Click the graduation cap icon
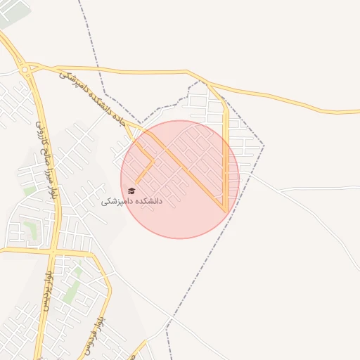point(131,191)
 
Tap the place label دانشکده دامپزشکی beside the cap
point(131,201)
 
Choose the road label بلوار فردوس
point(101,330)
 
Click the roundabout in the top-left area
point(25,69)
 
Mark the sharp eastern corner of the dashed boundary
point(264,146)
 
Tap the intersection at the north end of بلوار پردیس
point(53,251)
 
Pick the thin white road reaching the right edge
point(337,188)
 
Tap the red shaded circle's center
point(180,179)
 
